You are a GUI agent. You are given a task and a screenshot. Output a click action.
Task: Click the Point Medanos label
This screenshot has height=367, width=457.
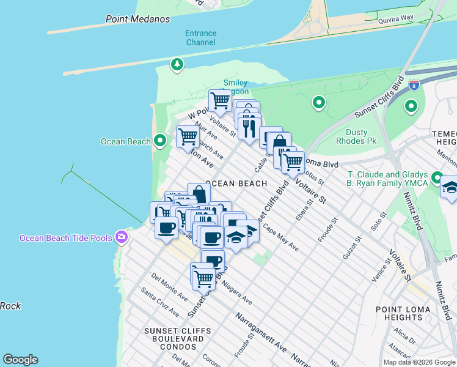[137, 19]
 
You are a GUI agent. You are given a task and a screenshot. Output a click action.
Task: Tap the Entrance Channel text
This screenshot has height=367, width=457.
[200, 38]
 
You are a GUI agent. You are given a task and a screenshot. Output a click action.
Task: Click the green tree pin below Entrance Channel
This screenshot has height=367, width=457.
[177, 64]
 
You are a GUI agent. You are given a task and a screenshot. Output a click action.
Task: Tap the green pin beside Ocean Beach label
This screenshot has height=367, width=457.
[160, 141]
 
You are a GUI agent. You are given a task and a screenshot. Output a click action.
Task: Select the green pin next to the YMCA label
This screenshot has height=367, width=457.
[437, 178]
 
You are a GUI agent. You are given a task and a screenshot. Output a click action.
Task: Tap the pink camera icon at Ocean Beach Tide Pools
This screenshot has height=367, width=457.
[122, 237]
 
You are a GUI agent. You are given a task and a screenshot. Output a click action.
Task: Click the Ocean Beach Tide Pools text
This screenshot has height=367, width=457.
[67, 238]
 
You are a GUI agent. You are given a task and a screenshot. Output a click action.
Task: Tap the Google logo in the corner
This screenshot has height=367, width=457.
[20, 360]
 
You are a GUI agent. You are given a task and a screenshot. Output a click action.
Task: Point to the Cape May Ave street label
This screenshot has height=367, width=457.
[280, 238]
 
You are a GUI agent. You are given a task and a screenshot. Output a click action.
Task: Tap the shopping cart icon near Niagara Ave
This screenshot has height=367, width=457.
[203, 278]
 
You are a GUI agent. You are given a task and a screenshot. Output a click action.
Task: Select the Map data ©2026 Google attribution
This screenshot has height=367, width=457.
[419, 362]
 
